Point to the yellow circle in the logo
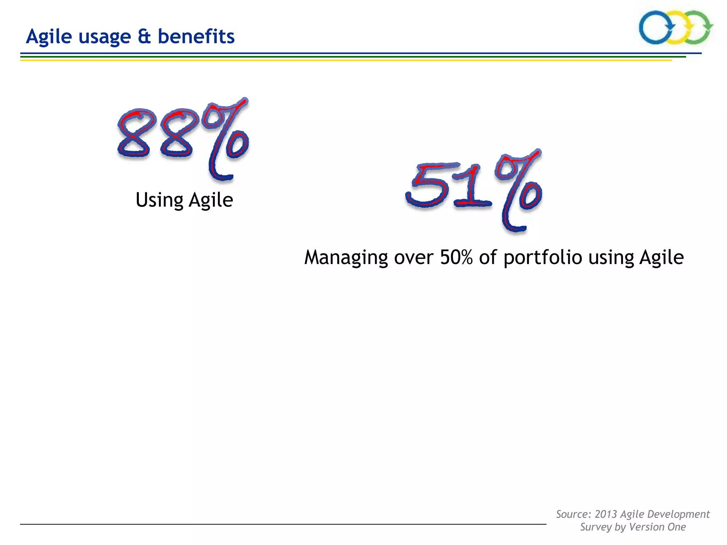coord(676,28)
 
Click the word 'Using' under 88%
coord(159,200)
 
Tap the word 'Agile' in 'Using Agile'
coord(211,200)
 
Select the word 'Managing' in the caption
coord(346,258)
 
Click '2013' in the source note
coord(606,514)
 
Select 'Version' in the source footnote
coord(647,527)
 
